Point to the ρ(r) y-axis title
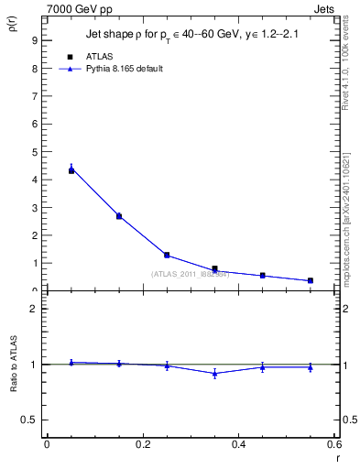tap(14, 27)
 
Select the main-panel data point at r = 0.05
tap(71, 170)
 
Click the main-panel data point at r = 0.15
tap(119, 216)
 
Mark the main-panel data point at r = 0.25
tap(167, 255)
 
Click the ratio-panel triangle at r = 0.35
tap(214, 373)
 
